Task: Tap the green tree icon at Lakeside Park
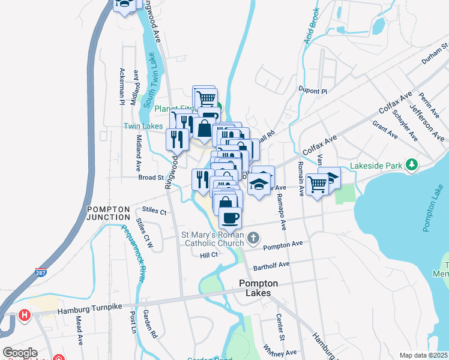(411, 164)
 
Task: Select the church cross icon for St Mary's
(253, 238)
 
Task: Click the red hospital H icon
(24, 315)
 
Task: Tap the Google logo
(20, 353)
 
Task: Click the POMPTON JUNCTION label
(109, 213)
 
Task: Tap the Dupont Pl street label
(312, 91)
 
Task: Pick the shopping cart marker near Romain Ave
(317, 184)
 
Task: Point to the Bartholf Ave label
(271, 264)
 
